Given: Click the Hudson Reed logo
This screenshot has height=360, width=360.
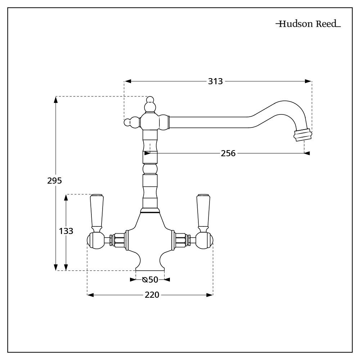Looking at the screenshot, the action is [308, 24].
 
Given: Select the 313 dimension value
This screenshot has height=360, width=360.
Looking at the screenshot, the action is [215, 81].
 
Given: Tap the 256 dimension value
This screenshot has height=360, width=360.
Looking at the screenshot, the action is [228, 153].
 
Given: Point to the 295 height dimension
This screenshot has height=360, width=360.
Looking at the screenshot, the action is [54, 181].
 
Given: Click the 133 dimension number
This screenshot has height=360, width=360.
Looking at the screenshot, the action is [66, 231].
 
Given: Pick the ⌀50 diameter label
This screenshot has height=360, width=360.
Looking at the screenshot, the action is [150, 280].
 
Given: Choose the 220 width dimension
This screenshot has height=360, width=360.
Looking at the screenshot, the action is [152, 295].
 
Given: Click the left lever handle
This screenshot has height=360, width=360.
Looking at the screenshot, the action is [96, 213].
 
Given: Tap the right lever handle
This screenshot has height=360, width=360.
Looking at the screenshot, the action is [203, 213].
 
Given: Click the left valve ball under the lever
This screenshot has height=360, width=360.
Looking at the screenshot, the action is [96, 240].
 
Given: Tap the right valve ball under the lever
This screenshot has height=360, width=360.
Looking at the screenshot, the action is [204, 240].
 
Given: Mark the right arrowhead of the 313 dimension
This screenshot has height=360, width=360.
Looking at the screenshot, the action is [308, 81].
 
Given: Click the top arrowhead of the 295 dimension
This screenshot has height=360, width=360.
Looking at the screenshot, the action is [55, 100].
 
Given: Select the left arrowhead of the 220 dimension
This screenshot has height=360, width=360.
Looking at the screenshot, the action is [90, 295].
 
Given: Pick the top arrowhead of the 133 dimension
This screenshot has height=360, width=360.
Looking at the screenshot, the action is [66, 198].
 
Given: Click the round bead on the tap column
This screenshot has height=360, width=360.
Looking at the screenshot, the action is [150, 169].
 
